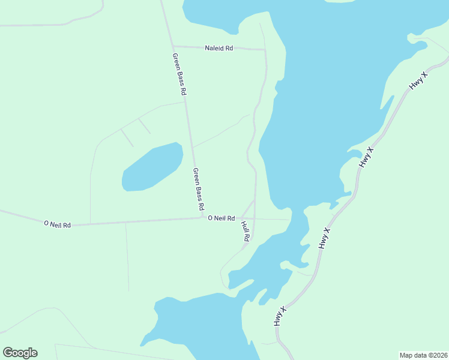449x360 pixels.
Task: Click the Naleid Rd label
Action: (x=218, y=48)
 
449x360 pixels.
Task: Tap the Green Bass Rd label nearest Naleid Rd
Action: (x=179, y=75)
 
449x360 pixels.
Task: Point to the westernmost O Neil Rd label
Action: (x=58, y=224)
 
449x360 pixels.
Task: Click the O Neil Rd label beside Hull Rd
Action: (x=221, y=218)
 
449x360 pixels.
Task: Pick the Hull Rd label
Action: (x=245, y=232)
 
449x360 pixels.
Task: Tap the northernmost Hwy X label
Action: (x=418, y=81)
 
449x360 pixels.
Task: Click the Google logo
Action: (x=20, y=353)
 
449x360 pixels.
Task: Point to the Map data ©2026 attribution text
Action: (x=423, y=355)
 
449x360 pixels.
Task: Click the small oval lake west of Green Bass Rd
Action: (x=152, y=168)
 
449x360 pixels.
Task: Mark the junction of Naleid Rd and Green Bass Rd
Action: (x=173, y=46)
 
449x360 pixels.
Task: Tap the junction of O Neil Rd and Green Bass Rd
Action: (x=202, y=217)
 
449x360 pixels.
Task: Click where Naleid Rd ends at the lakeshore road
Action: (x=265, y=49)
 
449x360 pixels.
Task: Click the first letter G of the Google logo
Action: (x=8, y=352)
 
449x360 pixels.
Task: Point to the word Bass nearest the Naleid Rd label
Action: (x=179, y=76)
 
